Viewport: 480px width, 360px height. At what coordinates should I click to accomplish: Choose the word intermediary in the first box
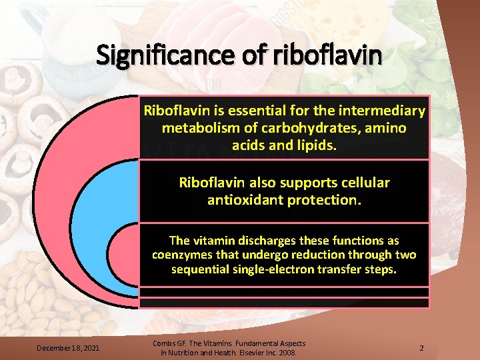[383, 111]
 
